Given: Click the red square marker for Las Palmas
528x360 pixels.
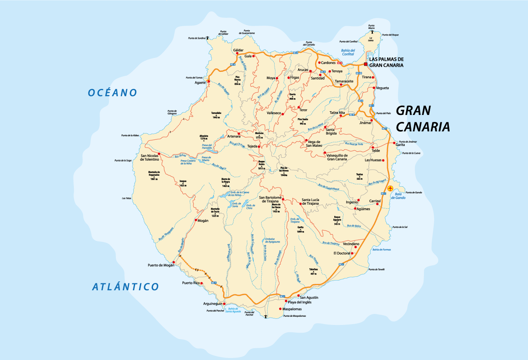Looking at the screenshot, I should pyautogui.click(x=366, y=64).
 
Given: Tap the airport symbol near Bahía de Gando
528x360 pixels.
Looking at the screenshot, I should pyautogui.click(x=390, y=188).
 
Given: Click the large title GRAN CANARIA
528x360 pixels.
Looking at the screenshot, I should pyautogui.click(x=423, y=119).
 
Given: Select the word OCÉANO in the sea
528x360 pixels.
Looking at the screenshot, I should pyautogui.click(x=113, y=93).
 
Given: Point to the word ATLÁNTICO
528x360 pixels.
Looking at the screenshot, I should pyautogui.click(x=125, y=287).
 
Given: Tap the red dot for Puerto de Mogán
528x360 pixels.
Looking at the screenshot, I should pyautogui.click(x=174, y=262).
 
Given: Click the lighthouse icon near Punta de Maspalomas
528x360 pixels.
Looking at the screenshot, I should pyautogui.click(x=266, y=316).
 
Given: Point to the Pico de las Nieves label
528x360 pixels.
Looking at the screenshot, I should pyautogui.click(x=284, y=172).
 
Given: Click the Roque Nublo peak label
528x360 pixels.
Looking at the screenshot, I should pyautogui.click(x=262, y=165).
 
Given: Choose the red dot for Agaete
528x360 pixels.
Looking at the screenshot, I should pyautogui.click(x=209, y=81).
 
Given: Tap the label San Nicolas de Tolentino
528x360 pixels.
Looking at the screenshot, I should pyautogui.click(x=149, y=157).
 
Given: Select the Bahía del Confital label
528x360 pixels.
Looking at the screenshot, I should pyautogui.click(x=348, y=52).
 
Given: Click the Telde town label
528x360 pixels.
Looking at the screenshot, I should pyautogui.click(x=375, y=150).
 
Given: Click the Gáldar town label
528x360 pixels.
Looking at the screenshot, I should pyautogui.click(x=238, y=50).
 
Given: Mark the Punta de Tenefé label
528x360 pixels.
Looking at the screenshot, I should pyautogui.click(x=377, y=269).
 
